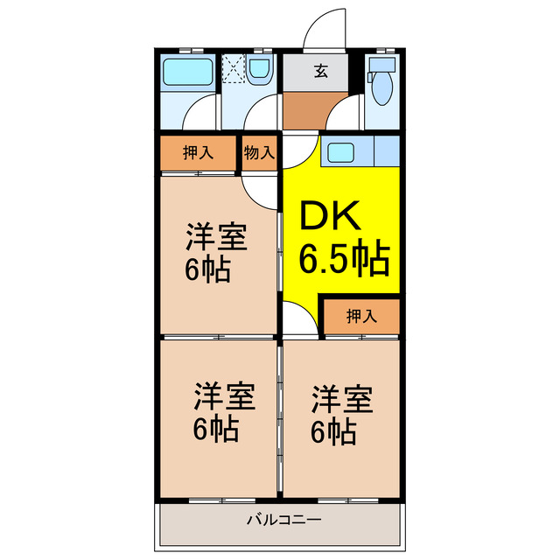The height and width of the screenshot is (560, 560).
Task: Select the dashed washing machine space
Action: tap(234, 70)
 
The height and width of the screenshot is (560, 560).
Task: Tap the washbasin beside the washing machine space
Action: tap(259, 71)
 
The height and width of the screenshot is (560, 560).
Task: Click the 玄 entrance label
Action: tap(321, 72)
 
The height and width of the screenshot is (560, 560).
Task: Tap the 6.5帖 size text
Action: tap(345, 260)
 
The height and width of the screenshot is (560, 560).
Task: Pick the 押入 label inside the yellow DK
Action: tap(360, 316)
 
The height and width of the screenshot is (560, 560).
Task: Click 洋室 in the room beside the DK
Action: tap(215, 238)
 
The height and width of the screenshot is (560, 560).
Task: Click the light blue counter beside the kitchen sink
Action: tap(385, 150)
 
